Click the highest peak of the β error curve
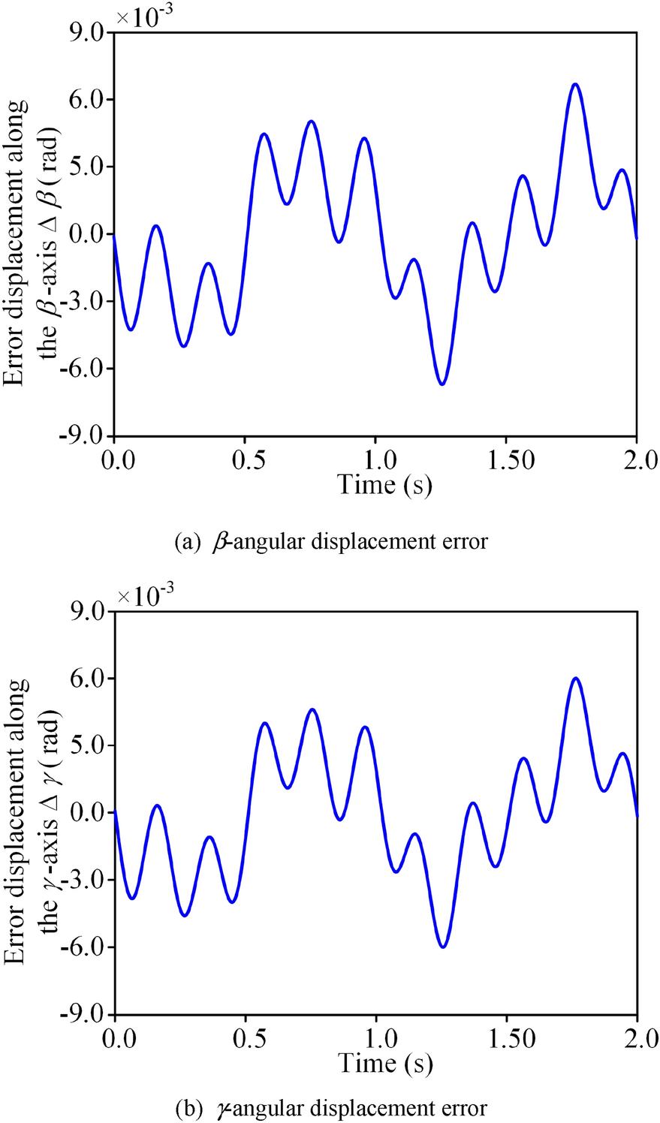575,84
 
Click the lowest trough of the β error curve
442,384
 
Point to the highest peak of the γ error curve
576,679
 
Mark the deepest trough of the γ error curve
443,947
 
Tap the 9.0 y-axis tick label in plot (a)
87,33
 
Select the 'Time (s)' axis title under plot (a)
385,485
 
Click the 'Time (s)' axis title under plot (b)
385,1064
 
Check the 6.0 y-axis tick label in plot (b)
87,679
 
